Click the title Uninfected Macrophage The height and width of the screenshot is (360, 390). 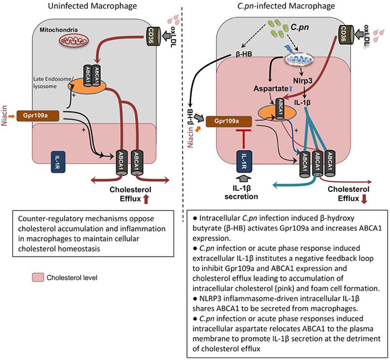94,7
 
